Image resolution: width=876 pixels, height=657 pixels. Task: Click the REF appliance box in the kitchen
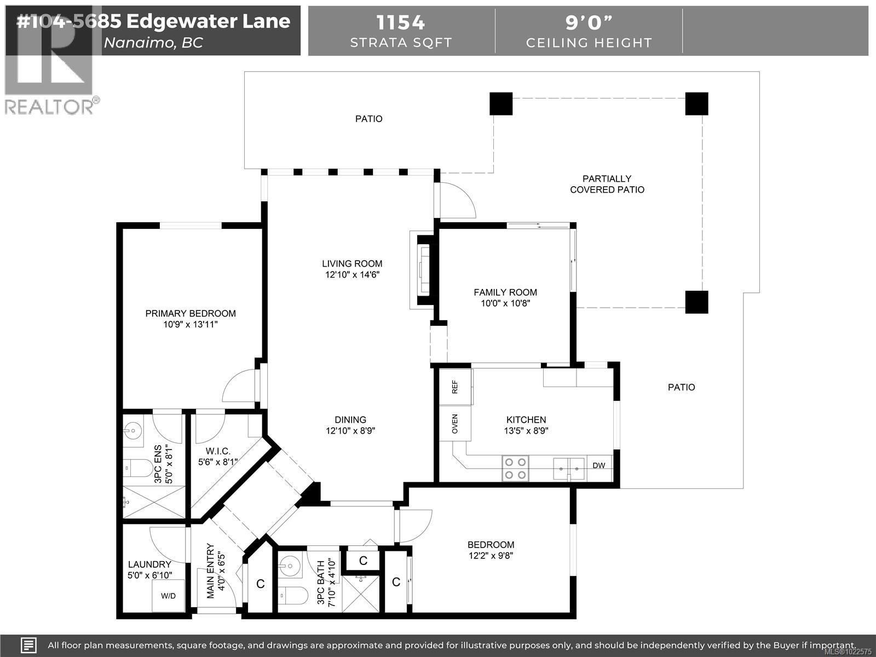click(455, 387)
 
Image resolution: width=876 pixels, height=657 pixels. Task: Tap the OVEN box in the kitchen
click(455, 423)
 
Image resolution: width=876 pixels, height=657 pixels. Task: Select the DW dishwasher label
click(599, 466)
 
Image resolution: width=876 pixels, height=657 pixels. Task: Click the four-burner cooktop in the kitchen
click(515, 468)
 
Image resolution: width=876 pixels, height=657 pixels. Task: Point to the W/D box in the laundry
click(168, 596)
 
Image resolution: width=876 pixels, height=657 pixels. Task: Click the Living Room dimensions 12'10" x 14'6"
click(352, 275)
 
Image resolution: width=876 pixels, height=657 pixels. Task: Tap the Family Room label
click(505, 292)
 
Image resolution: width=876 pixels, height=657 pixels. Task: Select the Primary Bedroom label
click(191, 314)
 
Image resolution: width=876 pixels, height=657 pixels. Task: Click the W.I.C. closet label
click(217, 451)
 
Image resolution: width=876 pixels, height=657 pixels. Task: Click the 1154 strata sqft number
click(401, 22)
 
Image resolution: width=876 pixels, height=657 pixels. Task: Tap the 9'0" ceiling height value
click(589, 22)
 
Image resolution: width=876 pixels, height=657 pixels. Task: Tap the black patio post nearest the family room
click(696, 302)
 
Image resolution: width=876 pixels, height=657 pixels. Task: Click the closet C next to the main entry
click(261, 584)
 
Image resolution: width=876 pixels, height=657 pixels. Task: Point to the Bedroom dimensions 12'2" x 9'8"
click(491, 556)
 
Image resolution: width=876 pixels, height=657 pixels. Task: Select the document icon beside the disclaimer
click(28, 645)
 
